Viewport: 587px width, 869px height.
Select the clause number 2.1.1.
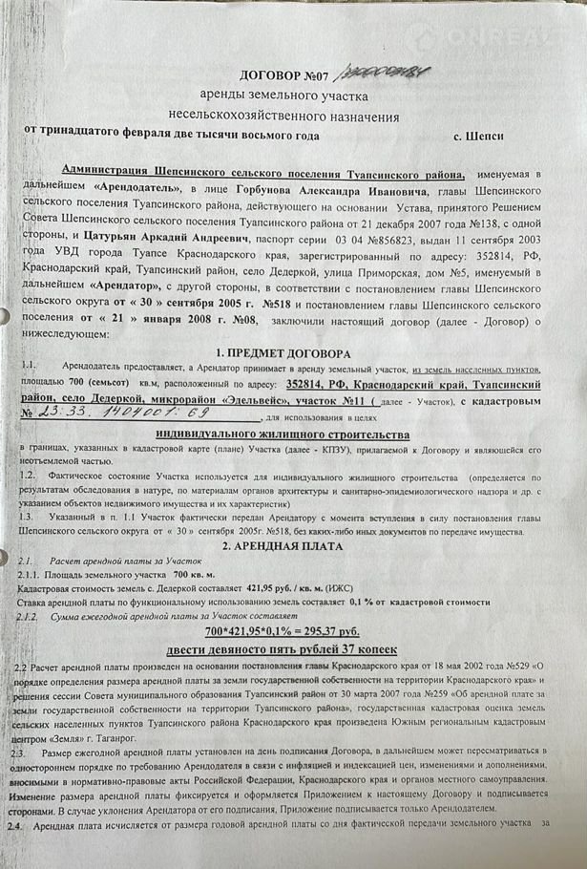pos(31,575)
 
